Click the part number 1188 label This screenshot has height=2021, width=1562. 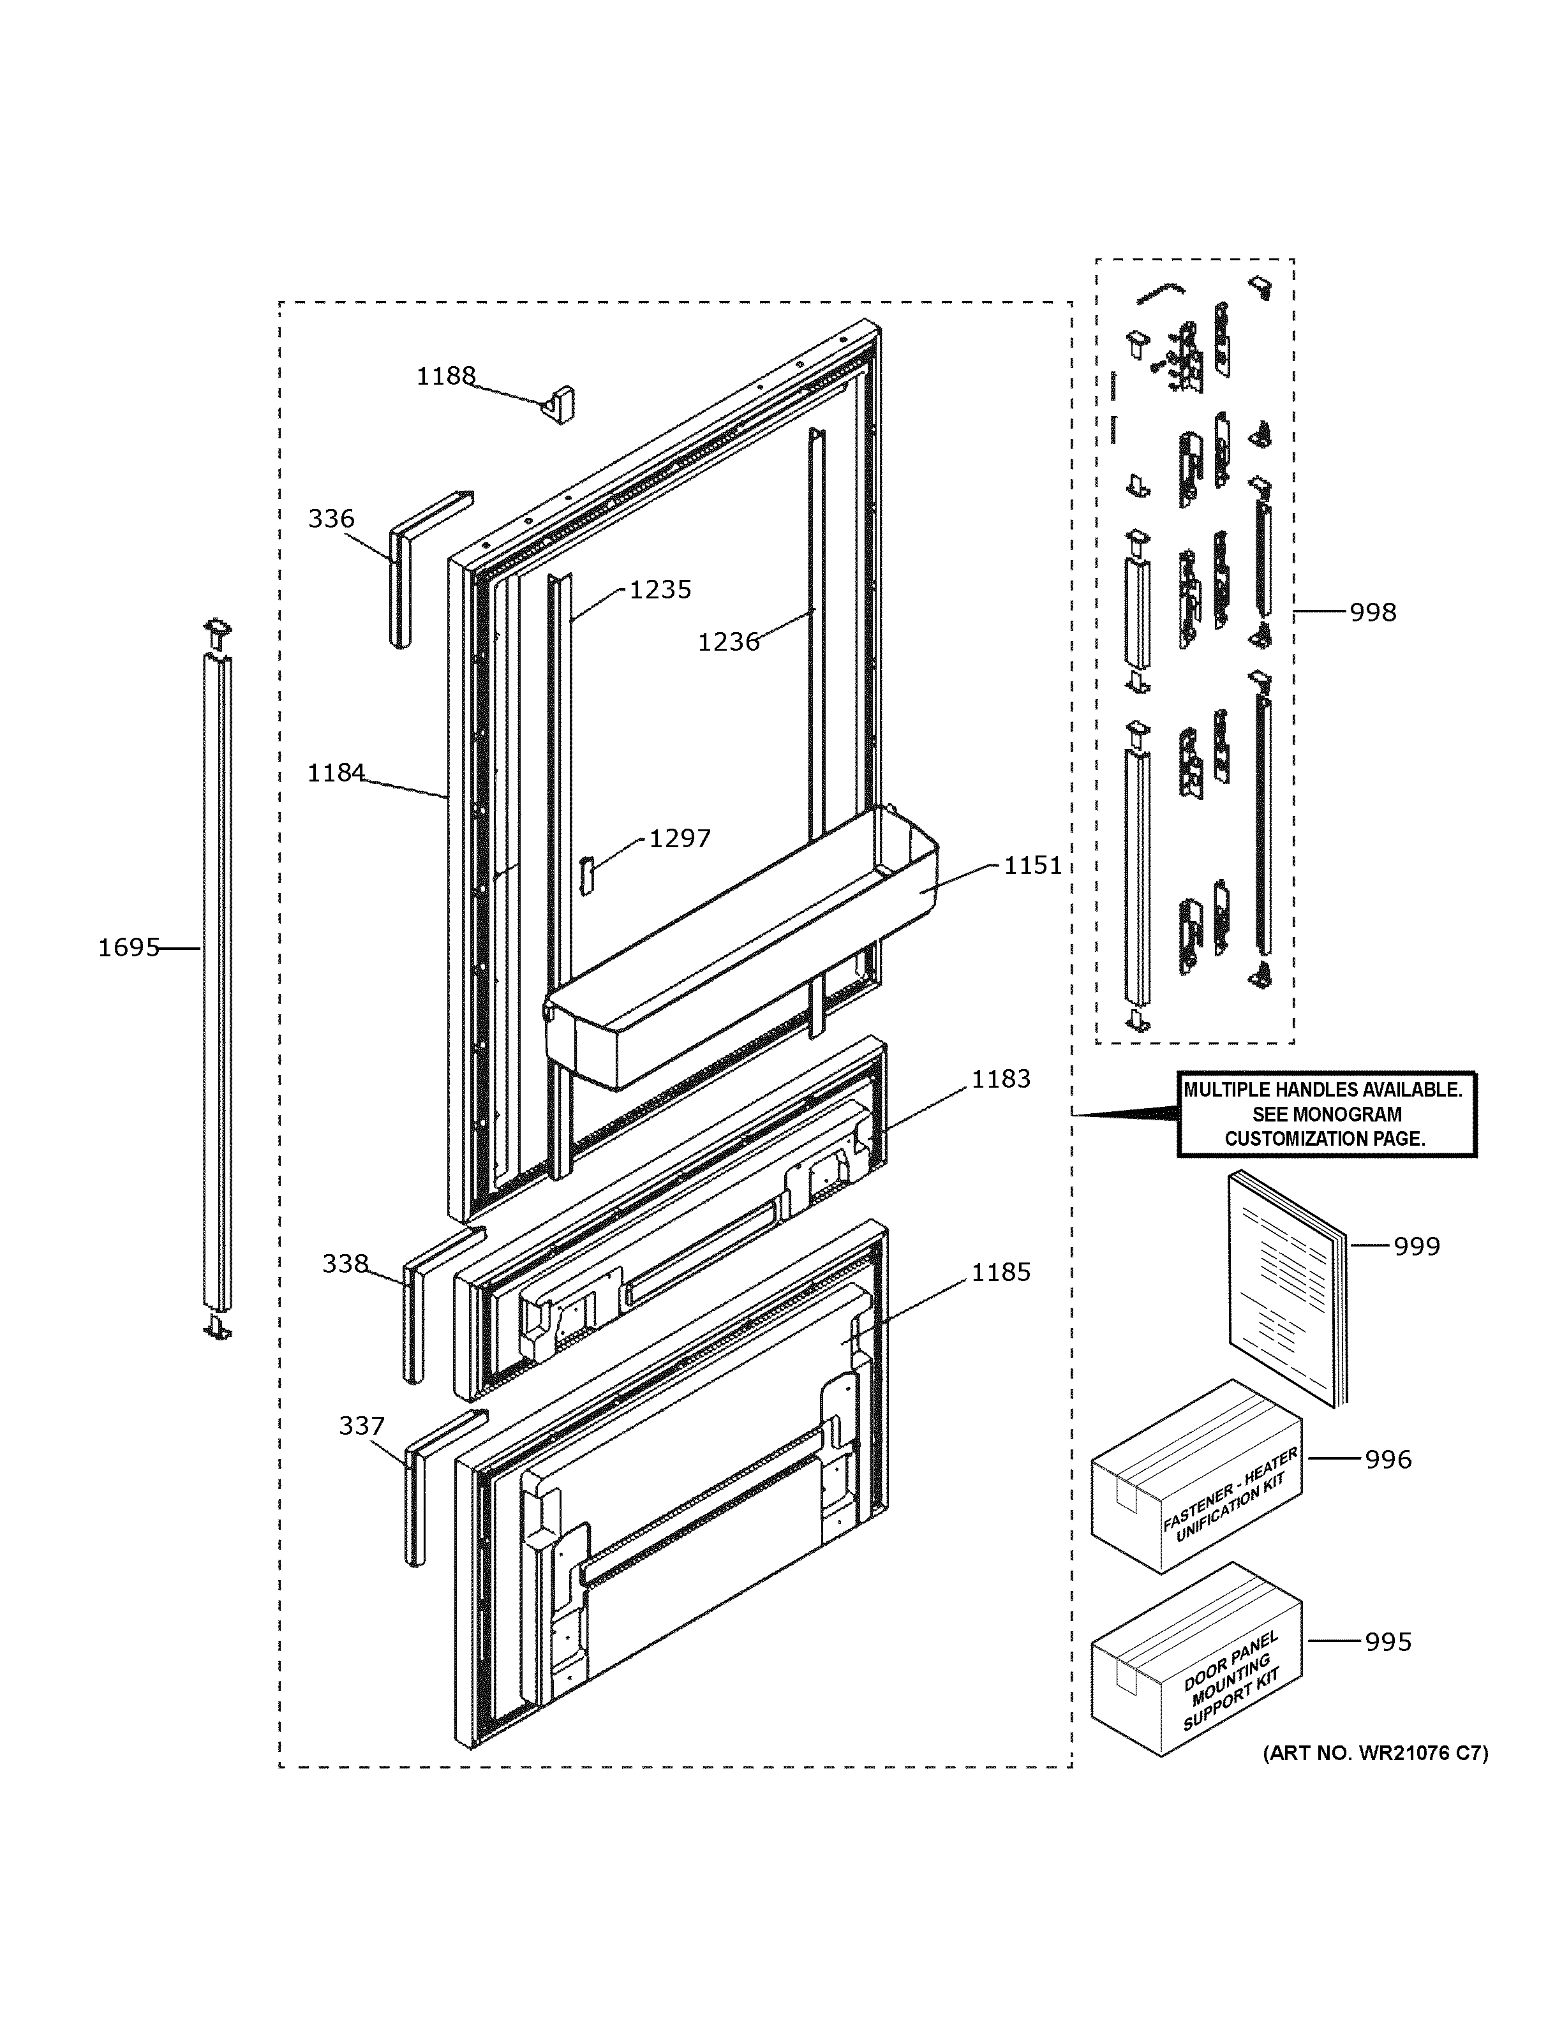pyautogui.click(x=445, y=376)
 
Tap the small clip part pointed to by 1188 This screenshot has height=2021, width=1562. pyautogui.click(x=559, y=405)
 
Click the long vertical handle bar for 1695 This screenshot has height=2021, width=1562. pyautogui.click(x=218, y=981)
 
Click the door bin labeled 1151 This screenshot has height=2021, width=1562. pyautogui.click(x=740, y=953)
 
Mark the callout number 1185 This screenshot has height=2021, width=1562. pyautogui.click(x=1000, y=1273)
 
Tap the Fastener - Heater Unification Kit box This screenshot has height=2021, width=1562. pyautogui.click(x=1196, y=1489)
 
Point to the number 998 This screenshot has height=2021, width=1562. pyautogui.click(x=1372, y=612)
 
